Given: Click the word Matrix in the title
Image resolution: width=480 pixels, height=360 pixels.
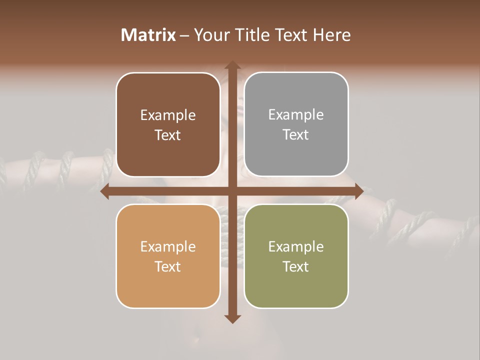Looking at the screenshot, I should (148, 35).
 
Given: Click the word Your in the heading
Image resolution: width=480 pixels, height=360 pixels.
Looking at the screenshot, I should (209, 35).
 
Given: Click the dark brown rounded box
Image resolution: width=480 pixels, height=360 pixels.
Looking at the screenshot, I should (168, 125).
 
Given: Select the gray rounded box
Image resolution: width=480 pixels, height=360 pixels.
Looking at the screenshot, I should (296, 124).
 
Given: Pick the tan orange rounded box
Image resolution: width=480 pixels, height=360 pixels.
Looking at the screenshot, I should (168, 256).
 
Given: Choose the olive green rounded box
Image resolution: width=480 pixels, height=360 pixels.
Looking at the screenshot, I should (296, 256).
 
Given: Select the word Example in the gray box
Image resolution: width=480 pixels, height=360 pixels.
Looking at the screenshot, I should (296, 115).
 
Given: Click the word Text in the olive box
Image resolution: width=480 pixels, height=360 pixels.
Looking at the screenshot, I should (296, 266).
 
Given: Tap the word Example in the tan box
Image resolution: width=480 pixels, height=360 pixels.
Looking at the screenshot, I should (168, 246).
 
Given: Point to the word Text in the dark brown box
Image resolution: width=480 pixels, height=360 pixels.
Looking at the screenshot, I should (168, 135).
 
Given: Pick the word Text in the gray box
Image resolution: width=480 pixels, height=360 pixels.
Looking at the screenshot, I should (296, 134).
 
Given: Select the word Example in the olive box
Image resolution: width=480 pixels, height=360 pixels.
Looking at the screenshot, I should (296, 246).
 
